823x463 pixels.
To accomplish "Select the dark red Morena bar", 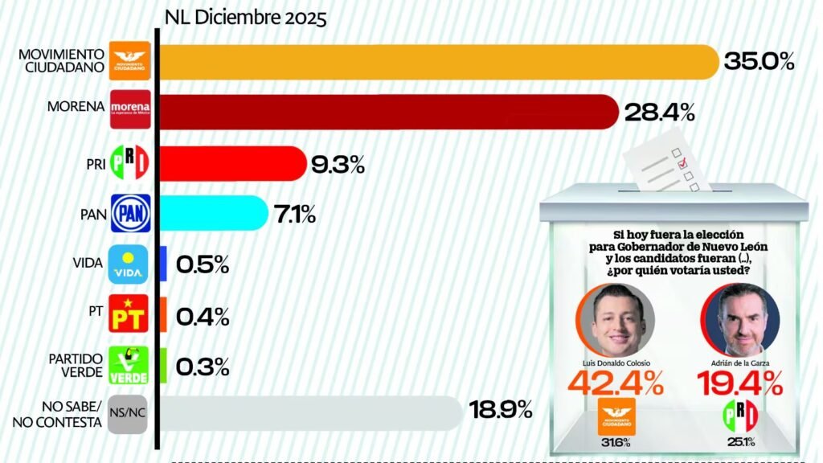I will point(386,113).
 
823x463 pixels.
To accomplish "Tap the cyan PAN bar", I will point(213,213).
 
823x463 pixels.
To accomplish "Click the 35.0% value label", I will point(760,61).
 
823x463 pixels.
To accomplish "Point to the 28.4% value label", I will point(659,113).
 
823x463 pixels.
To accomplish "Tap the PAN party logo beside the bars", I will point(130,214).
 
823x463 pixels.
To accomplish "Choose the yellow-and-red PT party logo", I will point(130,314).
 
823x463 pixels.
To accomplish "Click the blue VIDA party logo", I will point(130,264).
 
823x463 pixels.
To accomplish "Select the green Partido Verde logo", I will point(130,364).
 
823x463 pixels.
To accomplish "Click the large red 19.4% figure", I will point(740,383).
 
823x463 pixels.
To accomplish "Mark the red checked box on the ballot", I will point(684,164).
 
